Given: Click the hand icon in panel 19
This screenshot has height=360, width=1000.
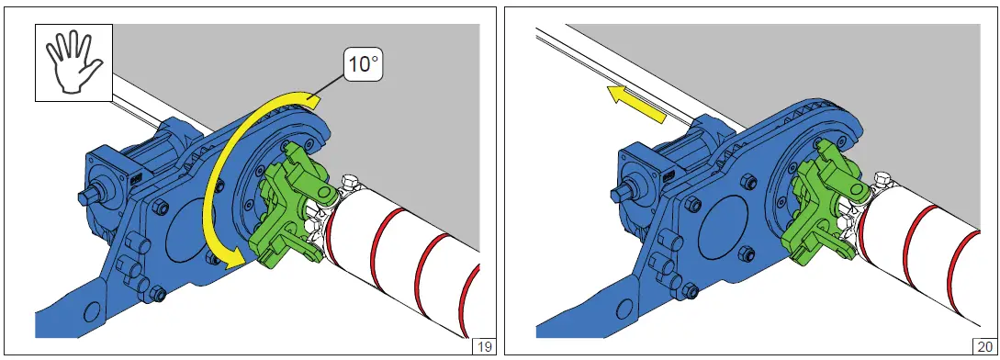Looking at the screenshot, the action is click(73, 62).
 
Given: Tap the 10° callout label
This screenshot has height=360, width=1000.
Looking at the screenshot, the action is click(362, 65).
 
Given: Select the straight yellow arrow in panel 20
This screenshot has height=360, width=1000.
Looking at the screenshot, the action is click(636, 104).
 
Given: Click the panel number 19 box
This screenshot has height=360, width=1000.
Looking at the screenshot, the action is click(484, 347).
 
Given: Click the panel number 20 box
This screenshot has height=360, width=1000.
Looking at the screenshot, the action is click(985, 347).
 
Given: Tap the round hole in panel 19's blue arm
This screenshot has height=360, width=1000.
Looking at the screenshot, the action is click(91, 312).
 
